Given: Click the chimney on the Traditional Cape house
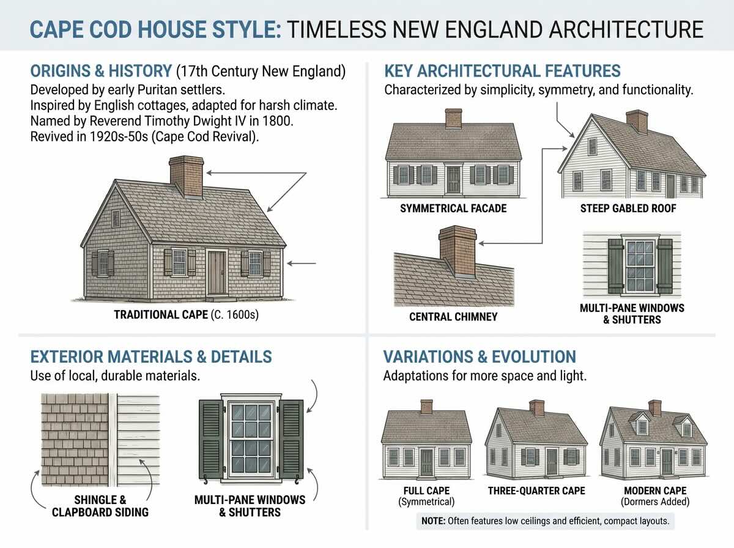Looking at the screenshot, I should tap(187, 176).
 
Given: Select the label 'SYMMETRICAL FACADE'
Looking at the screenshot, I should tap(453, 209).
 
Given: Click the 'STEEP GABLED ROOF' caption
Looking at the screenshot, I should tap(628, 209).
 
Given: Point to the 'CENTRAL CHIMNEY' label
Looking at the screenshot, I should tap(453, 317).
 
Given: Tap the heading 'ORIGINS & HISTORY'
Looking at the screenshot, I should tap(101, 71).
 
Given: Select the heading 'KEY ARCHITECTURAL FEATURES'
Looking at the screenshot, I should tap(502, 71).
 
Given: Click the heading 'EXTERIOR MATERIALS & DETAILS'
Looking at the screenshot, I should tap(151, 357).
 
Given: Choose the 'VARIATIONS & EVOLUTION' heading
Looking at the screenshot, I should tap(480, 357).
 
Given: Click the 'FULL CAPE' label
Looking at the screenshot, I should tap(426, 491).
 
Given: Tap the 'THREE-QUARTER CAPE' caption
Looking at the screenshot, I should tap(536, 491).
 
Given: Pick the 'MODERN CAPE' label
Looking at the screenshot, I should tap(655, 491).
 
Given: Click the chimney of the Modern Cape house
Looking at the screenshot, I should tap(655, 407).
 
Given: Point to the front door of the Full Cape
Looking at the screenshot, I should tap(426, 462).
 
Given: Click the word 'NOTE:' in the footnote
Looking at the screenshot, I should tap(434, 522).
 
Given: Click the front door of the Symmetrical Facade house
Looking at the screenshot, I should tap(453, 179).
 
